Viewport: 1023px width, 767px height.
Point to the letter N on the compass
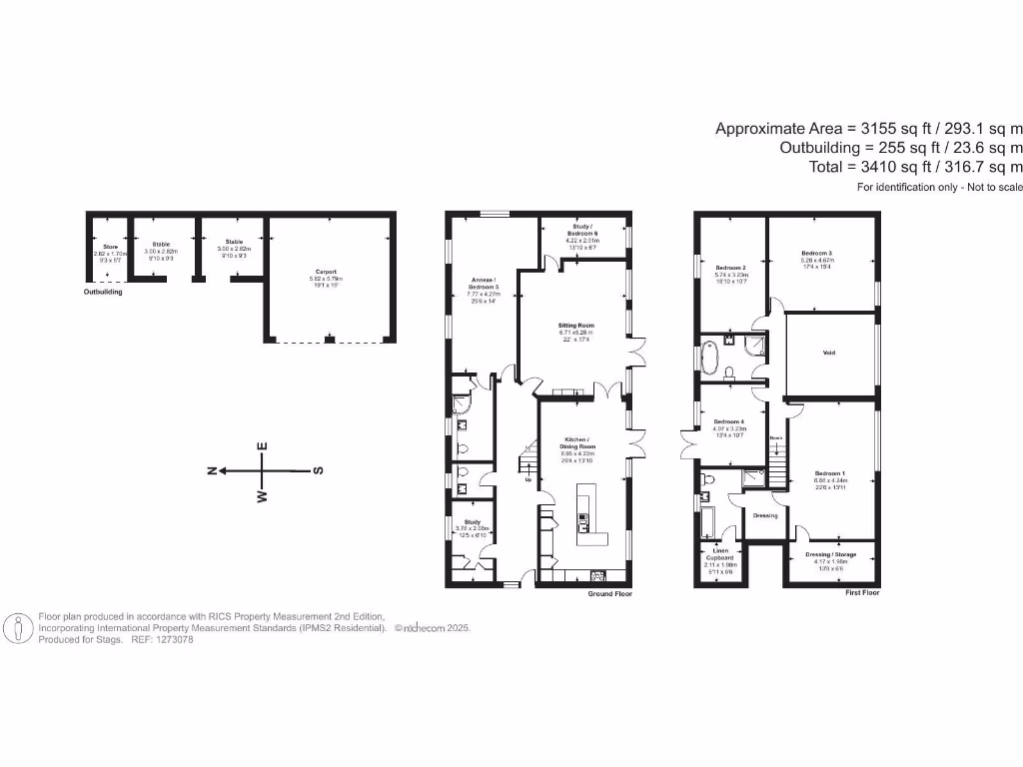[x=212, y=470]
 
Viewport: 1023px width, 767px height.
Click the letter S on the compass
[x=318, y=470]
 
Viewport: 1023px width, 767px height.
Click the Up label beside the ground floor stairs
[x=527, y=479]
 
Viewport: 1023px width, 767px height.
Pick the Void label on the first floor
[x=829, y=353]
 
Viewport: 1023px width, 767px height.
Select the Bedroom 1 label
[x=829, y=473]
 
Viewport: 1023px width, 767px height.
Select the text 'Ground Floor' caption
[x=609, y=593]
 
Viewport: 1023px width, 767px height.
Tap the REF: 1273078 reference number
[x=162, y=639]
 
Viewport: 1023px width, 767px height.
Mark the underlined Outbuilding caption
[x=104, y=292]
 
